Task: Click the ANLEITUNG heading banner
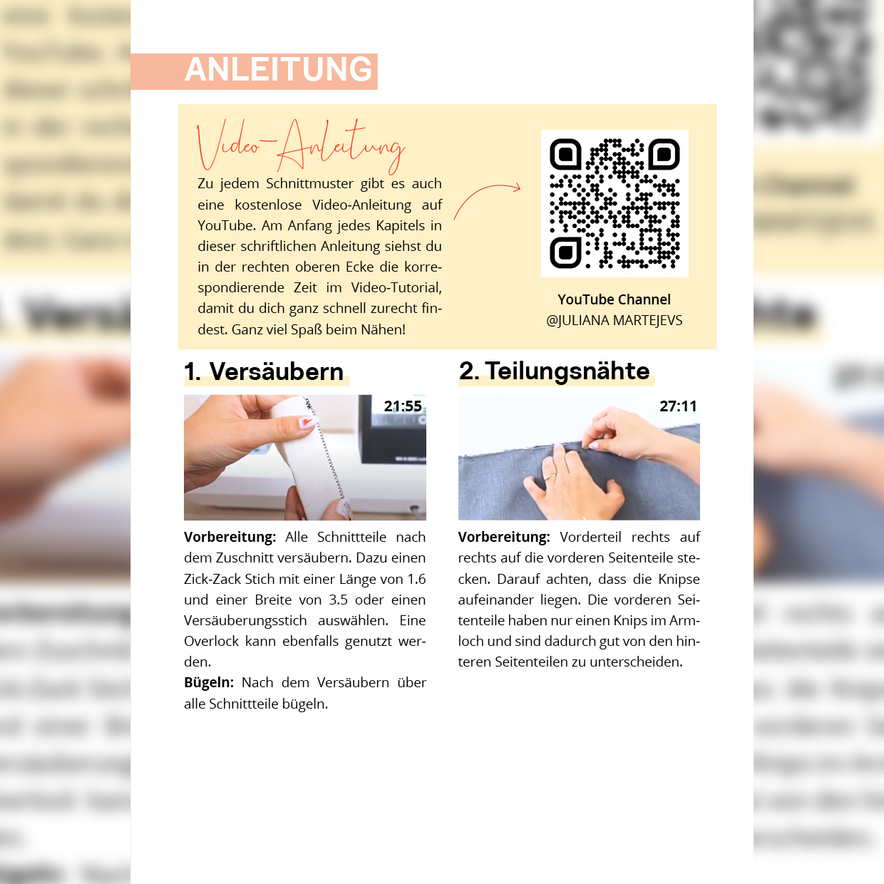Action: tap(254, 71)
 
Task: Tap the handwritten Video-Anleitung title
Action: tap(301, 146)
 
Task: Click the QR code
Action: tap(615, 203)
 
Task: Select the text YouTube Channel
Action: tap(615, 299)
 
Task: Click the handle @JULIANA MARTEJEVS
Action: tap(615, 320)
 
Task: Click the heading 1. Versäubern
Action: tap(264, 371)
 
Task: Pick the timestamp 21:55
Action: tap(403, 406)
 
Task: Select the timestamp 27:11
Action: tap(678, 406)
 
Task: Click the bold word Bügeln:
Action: tap(209, 683)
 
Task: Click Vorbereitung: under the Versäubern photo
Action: tap(230, 538)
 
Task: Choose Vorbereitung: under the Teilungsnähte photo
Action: tap(504, 538)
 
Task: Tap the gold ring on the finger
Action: tap(550, 477)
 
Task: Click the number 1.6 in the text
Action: tap(416, 579)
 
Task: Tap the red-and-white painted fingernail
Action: tap(309, 421)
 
